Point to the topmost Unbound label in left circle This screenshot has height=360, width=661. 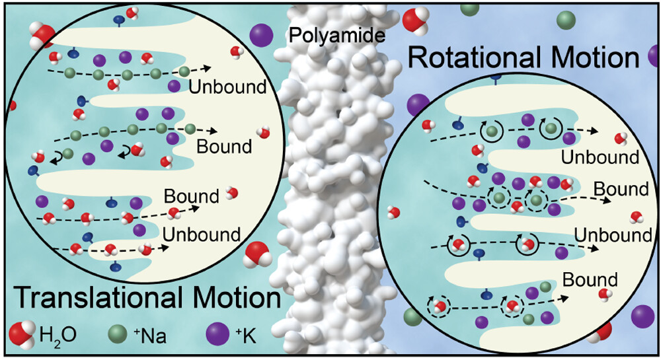[x=227, y=87]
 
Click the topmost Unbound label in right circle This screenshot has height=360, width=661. [x=600, y=158]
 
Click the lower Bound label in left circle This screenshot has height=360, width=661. [x=190, y=197]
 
